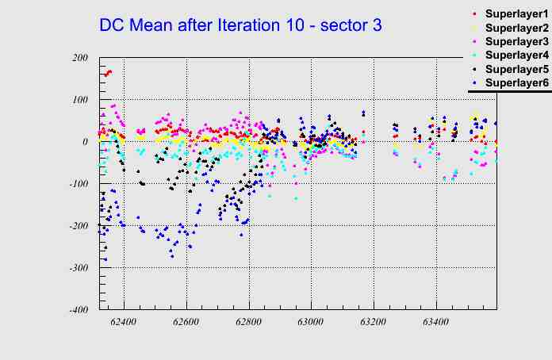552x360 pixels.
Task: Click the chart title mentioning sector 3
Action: click(240, 25)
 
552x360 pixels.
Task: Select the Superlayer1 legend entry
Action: click(516, 15)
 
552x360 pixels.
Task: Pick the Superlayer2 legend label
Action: click(516, 29)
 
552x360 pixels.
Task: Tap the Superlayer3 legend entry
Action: click(516, 41)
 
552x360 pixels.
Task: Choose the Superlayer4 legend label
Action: click(516, 56)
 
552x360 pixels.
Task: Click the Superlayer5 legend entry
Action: click(516, 69)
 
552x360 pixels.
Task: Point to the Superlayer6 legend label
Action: click(516, 82)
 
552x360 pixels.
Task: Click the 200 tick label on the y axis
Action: click(79, 58)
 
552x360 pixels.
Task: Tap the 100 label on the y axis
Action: click(79, 100)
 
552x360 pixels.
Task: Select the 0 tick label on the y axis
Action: click(86, 142)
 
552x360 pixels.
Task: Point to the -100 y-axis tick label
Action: click(78, 184)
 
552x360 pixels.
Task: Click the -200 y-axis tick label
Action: click(78, 226)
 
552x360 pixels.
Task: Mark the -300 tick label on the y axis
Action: click(78, 268)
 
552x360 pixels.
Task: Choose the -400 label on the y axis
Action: click(78, 310)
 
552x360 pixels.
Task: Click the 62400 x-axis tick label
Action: click(124, 323)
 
